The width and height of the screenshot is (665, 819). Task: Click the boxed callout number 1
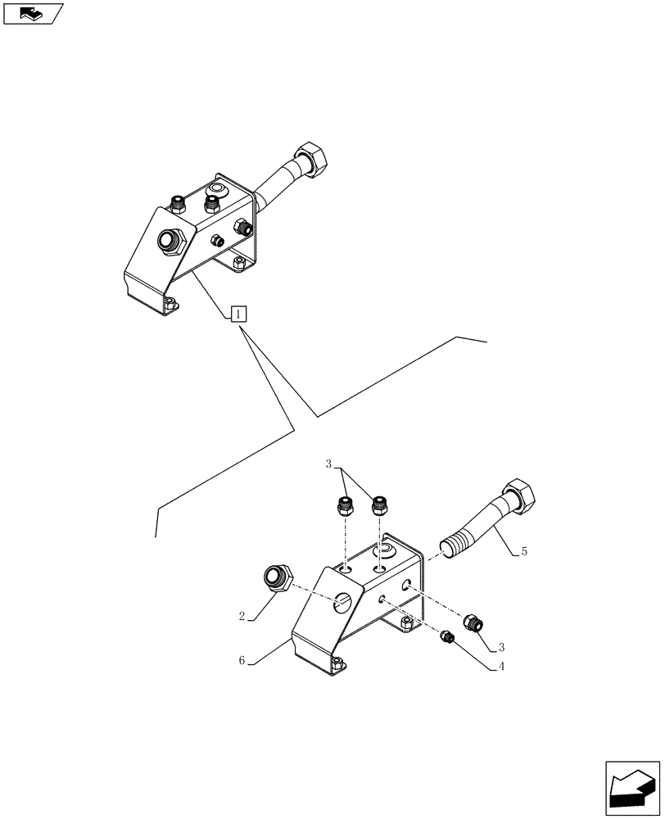[x=238, y=313]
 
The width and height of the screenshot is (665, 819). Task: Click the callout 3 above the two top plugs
[x=329, y=464]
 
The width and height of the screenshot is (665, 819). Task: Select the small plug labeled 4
[x=447, y=636]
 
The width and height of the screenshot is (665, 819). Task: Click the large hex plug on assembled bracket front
[x=170, y=241]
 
